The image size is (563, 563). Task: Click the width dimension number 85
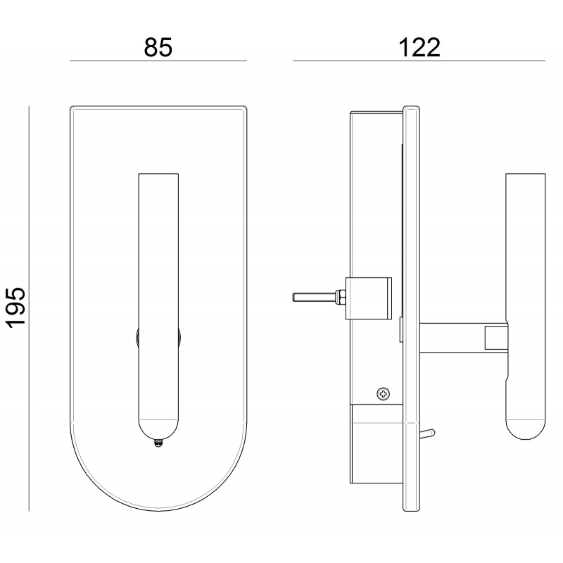(x=158, y=47)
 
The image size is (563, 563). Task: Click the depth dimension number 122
(x=419, y=47)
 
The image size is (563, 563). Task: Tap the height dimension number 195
(x=16, y=308)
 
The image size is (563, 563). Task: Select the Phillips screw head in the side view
(x=384, y=394)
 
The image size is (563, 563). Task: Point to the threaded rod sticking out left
(x=314, y=298)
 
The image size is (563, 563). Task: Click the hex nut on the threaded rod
(x=340, y=298)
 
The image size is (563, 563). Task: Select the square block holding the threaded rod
(x=368, y=298)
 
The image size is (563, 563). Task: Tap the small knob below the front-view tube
(x=158, y=443)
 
